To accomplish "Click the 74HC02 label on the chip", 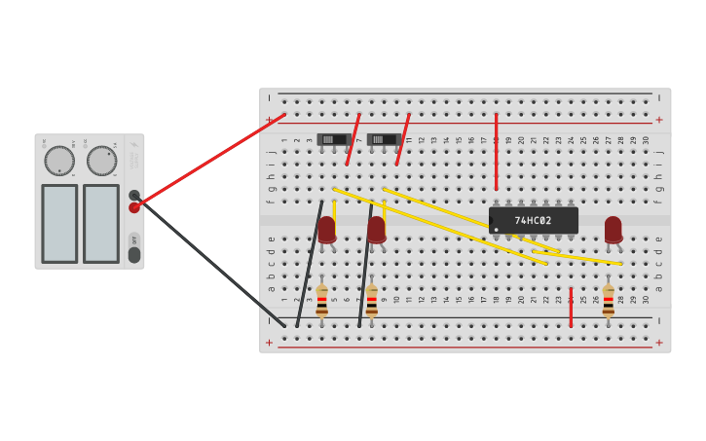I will tap(533, 221).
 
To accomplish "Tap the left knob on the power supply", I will tap(59, 161).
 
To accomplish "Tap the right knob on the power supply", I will tap(102, 161).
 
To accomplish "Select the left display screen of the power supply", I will tap(59, 223).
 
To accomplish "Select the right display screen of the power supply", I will tap(101, 223).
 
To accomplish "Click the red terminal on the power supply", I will tap(134, 207).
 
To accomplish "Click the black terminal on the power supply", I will tap(134, 196).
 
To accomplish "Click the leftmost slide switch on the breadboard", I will tap(334, 139).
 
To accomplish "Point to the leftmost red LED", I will tap(327, 229).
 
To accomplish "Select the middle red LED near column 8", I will tap(377, 229).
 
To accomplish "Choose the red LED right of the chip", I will tap(613, 229).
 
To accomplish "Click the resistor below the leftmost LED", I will tap(321, 300).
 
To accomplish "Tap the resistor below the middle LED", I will tap(371, 300).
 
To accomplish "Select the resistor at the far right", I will tap(609, 300).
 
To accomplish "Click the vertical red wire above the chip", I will tap(496, 151).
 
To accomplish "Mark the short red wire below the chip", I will tap(571, 307).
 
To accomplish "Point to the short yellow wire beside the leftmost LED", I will tap(335, 212).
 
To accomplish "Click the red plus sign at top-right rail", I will tap(659, 120).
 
